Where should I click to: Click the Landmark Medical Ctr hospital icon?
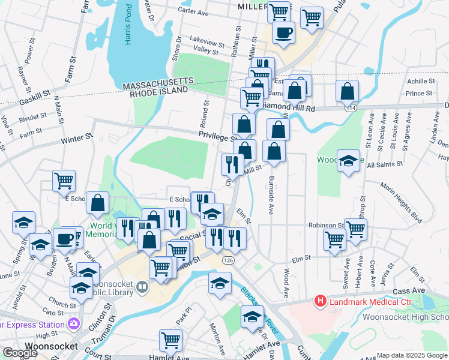tap(321, 301)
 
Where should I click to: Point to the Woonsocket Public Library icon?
tap(142, 287)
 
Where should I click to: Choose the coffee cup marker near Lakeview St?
tap(283, 32)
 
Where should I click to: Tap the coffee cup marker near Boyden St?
tap(65, 239)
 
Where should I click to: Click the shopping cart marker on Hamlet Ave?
tap(171, 340)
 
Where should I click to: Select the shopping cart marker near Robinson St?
tap(356, 229)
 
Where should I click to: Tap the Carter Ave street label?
tap(193, 11)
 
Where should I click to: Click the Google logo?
tap(20, 353)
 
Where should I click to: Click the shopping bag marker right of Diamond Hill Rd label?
tap(347, 91)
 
